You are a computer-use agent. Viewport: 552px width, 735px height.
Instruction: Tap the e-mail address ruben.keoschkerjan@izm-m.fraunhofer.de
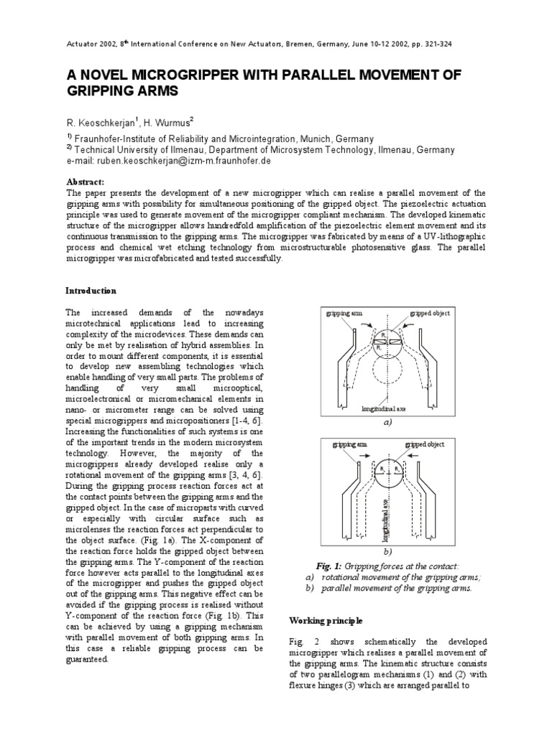(x=189, y=162)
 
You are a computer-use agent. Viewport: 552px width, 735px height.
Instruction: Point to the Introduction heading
(x=91, y=291)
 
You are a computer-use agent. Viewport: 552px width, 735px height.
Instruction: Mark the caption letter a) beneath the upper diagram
(x=387, y=423)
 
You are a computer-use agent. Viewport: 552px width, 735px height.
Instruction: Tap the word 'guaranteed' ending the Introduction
(x=87, y=660)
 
